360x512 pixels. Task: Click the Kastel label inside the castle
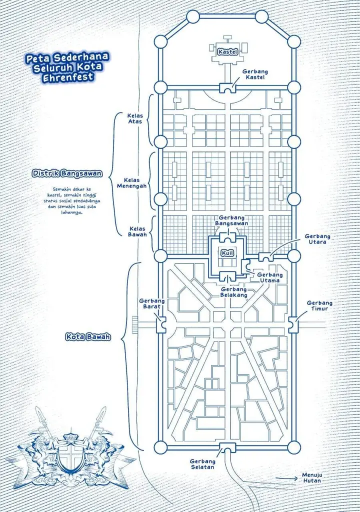(228, 51)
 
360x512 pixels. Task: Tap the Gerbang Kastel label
(255, 74)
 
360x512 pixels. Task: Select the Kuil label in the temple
(227, 253)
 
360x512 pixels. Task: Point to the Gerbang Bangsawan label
(231, 220)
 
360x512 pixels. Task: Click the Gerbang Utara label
(317, 238)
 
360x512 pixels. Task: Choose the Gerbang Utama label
(270, 277)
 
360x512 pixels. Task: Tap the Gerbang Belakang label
(234, 292)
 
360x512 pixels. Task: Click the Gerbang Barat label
(151, 303)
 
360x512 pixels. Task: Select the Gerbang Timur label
(319, 305)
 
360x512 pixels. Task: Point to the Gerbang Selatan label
(202, 464)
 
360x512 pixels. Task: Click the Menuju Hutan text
(311, 477)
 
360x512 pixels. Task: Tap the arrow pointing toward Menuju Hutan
(286, 479)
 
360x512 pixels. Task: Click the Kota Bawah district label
(88, 336)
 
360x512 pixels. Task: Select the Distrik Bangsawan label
(67, 173)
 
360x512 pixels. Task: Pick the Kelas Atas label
(135, 118)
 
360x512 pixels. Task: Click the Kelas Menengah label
(131, 183)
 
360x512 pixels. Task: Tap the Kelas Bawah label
(137, 231)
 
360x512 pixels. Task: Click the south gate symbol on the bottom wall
(227, 447)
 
